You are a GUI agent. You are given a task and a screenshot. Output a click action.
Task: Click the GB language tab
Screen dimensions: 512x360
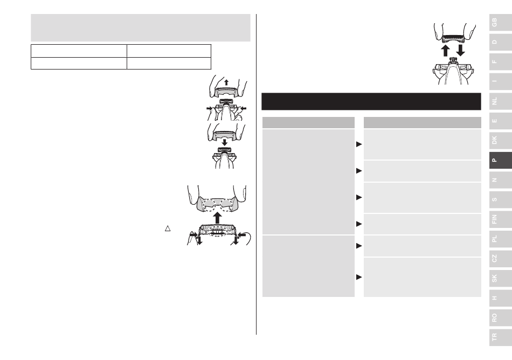coord(500,23)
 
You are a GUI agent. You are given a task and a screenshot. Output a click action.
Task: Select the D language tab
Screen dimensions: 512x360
coord(500,42)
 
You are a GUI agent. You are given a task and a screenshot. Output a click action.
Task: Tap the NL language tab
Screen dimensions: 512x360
coord(500,101)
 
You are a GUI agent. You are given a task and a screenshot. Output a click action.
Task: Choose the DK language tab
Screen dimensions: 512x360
coord(500,140)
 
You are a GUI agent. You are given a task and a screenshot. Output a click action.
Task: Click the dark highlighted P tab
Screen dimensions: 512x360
coord(500,160)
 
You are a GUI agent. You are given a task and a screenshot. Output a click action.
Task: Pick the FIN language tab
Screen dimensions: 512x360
coord(500,219)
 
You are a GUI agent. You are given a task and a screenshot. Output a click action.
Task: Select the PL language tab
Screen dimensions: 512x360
coord(500,239)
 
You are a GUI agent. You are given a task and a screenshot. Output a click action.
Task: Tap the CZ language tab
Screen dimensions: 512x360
coord(500,259)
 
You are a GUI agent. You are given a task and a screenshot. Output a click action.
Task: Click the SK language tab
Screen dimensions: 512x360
coord(500,278)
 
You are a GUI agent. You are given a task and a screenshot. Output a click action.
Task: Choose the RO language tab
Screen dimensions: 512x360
coord(500,317)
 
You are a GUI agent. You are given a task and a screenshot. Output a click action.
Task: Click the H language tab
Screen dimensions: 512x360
coord(500,297)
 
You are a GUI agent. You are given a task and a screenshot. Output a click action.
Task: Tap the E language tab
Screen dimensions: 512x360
coord(500,121)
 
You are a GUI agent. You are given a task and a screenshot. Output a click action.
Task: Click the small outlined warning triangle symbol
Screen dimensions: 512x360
coord(168,229)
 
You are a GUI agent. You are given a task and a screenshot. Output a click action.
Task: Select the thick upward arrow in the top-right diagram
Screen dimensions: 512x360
coord(445,51)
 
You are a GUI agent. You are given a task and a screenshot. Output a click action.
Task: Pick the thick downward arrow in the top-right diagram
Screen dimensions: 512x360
coord(460,50)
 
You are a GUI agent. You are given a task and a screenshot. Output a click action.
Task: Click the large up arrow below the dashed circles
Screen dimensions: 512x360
coord(217,218)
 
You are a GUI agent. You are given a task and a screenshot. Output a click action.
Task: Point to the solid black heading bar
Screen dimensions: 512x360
coord(371,101)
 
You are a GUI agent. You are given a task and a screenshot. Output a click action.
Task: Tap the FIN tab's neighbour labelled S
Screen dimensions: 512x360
coord(500,199)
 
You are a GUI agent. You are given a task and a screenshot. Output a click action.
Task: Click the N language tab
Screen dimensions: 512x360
coord(500,180)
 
